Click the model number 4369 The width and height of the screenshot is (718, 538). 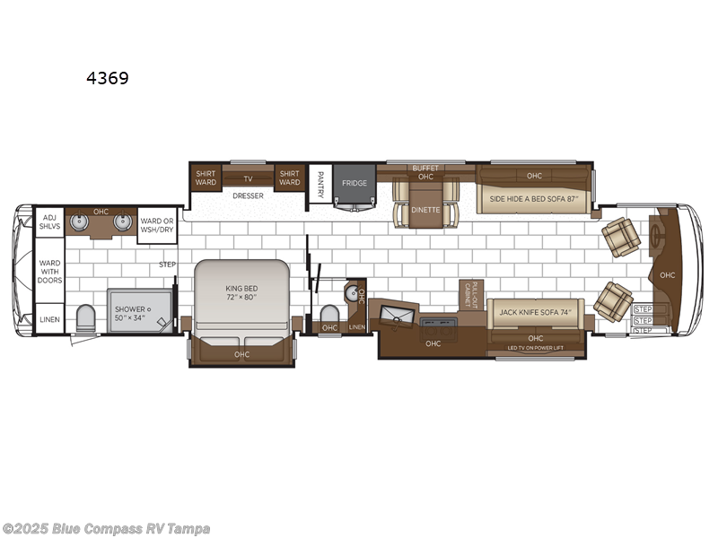pos(107,78)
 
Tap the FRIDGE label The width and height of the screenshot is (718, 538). pos(353,182)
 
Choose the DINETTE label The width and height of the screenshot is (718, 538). pos(425,211)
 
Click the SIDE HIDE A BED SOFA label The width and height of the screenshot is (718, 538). pos(531,198)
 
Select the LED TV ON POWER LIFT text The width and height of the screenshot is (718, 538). pos(536,347)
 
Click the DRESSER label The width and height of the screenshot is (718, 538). pos(247,195)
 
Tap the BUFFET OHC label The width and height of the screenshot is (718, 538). pos(425,172)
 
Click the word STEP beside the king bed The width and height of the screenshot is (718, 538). pos(167,265)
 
